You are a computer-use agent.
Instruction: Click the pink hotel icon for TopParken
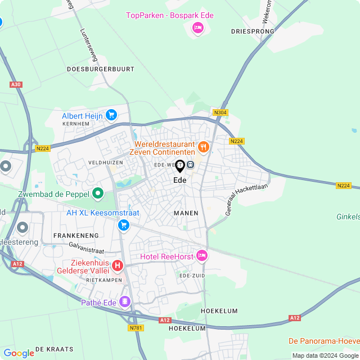tap(197, 28)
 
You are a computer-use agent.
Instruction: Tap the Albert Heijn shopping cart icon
tap(111, 115)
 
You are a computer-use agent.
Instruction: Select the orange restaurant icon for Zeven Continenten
tap(203, 147)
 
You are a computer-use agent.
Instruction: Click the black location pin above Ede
tap(180, 166)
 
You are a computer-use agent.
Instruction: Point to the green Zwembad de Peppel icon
tap(98, 194)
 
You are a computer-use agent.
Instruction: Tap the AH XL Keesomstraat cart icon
tap(123, 225)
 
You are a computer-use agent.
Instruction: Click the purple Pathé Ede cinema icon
tap(124, 302)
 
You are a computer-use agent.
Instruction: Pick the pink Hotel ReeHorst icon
tap(201, 256)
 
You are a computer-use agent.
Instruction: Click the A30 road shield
tap(16, 84)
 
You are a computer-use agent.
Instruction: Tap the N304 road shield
tap(220, 112)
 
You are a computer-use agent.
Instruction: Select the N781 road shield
tap(136, 328)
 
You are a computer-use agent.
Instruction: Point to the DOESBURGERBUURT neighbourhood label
tap(101, 69)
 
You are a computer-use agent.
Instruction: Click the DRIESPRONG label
tap(253, 31)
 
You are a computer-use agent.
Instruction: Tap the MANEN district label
tap(186, 213)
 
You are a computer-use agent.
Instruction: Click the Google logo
tap(19, 353)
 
